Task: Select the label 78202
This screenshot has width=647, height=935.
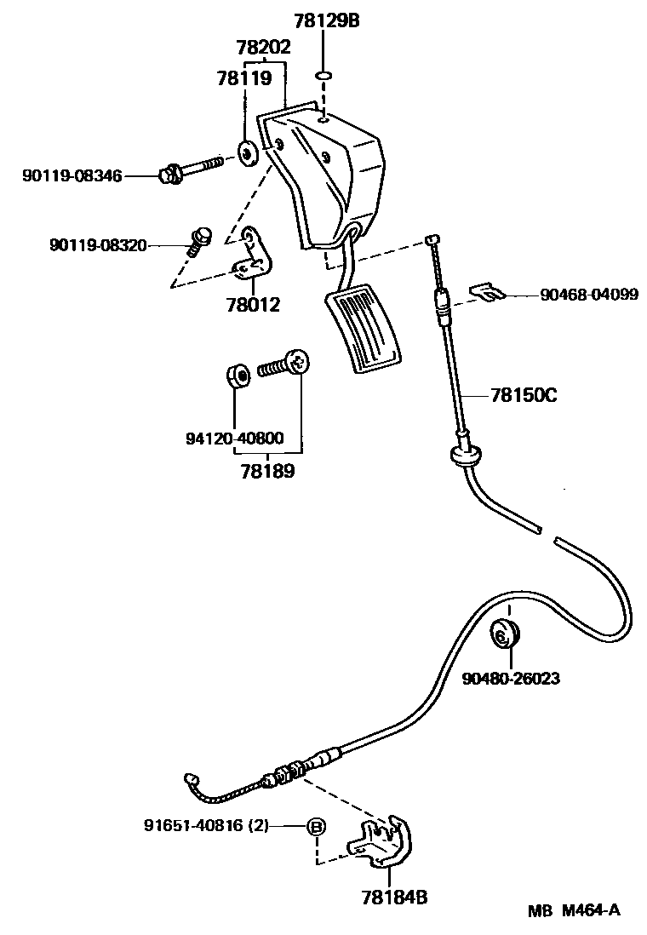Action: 264,48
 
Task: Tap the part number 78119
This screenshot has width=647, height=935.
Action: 244,79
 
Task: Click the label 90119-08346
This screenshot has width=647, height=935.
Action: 72,176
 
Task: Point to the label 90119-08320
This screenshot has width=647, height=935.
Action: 97,246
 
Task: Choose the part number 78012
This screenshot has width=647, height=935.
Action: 253,304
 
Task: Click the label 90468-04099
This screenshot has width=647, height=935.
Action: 589,295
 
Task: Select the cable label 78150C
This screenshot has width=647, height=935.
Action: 524,395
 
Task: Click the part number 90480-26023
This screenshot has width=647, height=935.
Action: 511,679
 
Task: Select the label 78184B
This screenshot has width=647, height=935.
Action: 392,897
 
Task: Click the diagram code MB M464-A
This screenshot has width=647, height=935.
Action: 572,910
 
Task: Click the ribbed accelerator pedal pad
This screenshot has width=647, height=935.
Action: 364,328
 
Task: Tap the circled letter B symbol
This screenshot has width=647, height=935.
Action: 316,826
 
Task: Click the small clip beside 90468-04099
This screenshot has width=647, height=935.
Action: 488,292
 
